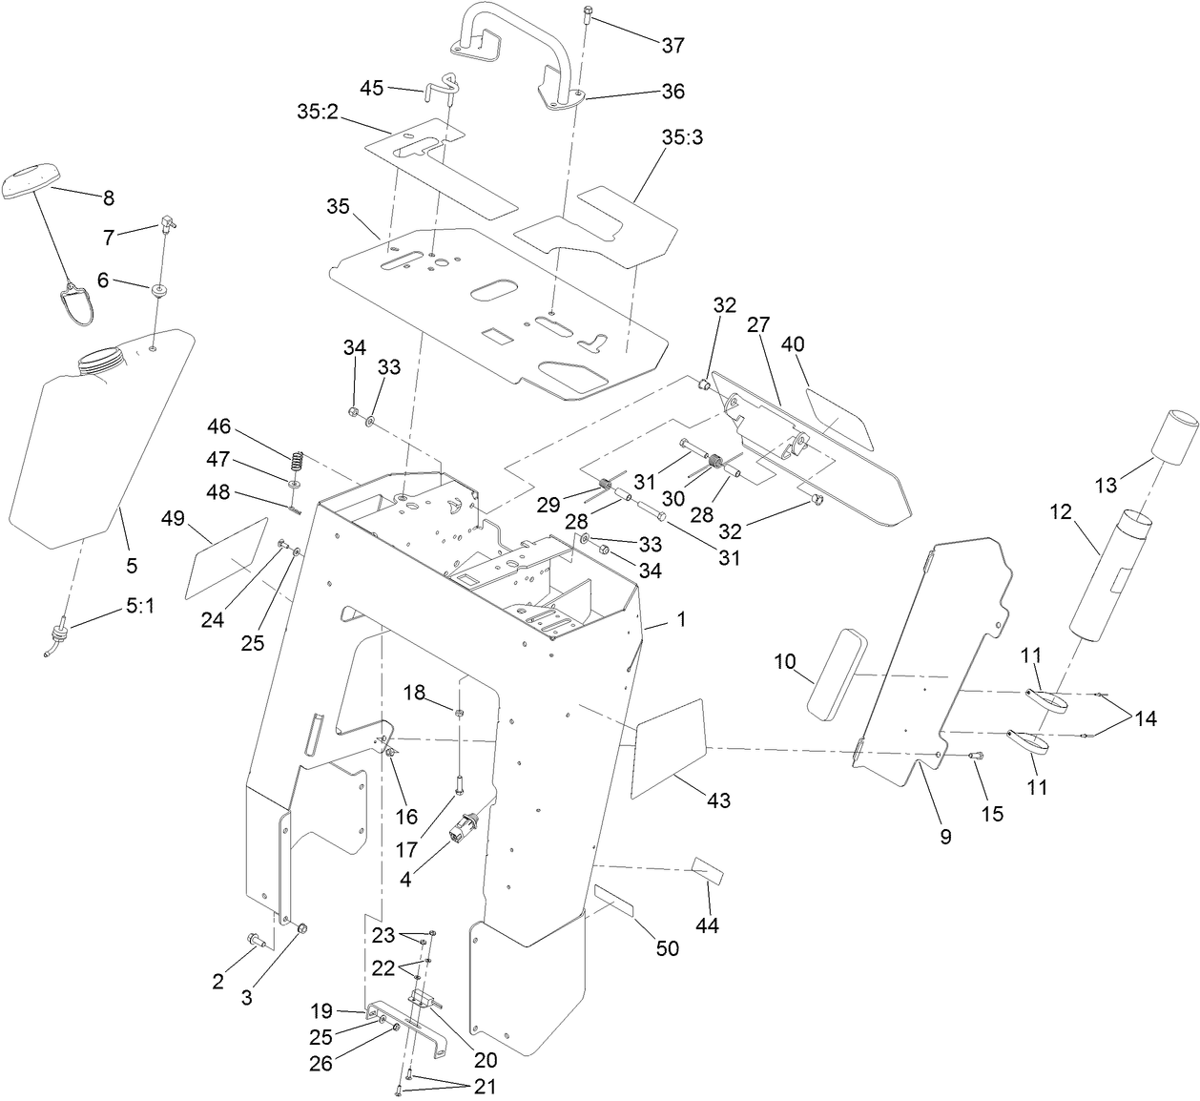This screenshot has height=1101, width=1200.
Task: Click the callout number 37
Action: [672, 45]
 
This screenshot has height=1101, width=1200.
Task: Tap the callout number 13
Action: [1105, 486]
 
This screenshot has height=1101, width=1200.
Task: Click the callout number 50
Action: [668, 948]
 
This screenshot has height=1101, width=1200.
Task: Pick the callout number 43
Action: [717, 800]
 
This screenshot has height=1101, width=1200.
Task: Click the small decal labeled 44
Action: [707, 871]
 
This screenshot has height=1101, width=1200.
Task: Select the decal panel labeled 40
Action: [839, 417]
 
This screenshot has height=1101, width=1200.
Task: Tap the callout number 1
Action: [681, 619]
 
